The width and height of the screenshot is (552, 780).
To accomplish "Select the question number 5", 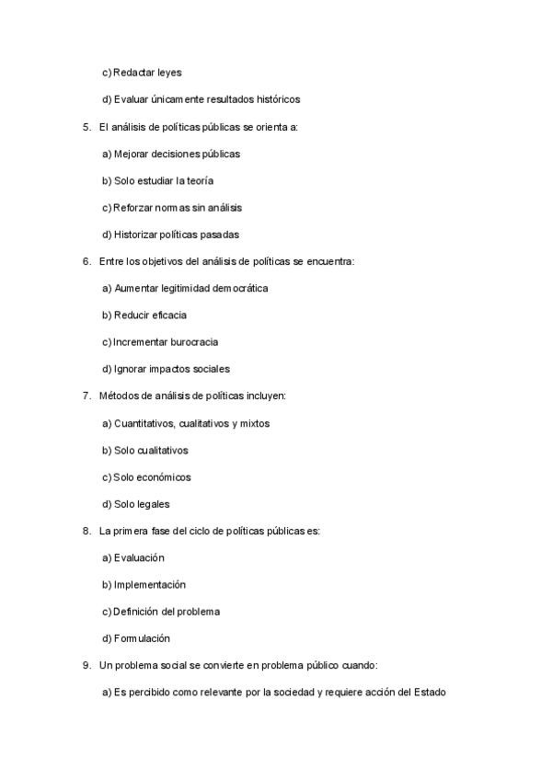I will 86,126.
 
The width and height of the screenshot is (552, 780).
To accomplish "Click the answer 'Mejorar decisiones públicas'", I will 171,154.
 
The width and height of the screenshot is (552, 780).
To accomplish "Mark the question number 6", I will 86,261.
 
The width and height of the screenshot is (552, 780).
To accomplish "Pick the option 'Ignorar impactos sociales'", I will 166,369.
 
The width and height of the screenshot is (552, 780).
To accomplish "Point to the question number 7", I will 86,396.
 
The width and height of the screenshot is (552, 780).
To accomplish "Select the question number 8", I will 86,531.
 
